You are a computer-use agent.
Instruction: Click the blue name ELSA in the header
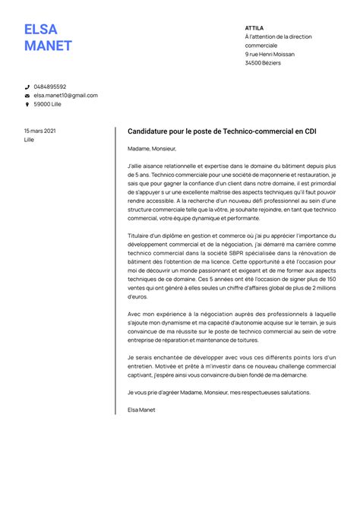[x=40, y=30]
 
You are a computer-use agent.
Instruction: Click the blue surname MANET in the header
[x=48, y=46]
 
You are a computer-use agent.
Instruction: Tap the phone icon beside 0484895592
[x=27, y=87]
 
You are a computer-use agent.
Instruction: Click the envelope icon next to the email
[x=27, y=96]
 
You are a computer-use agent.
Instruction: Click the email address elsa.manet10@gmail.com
[x=66, y=96]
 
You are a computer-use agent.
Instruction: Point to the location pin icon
[x=27, y=104]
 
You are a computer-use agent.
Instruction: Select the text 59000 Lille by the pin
[x=48, y=104]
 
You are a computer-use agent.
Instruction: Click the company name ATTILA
[x=254, y=27]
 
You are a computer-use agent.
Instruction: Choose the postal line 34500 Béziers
[x=263, y=63]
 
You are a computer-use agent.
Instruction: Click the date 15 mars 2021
[x=39, y=131]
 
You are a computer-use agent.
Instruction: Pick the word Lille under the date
[x=29, y=140]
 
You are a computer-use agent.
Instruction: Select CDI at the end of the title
[x=311, y=131]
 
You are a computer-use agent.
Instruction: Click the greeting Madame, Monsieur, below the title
[x=151, y=149]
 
